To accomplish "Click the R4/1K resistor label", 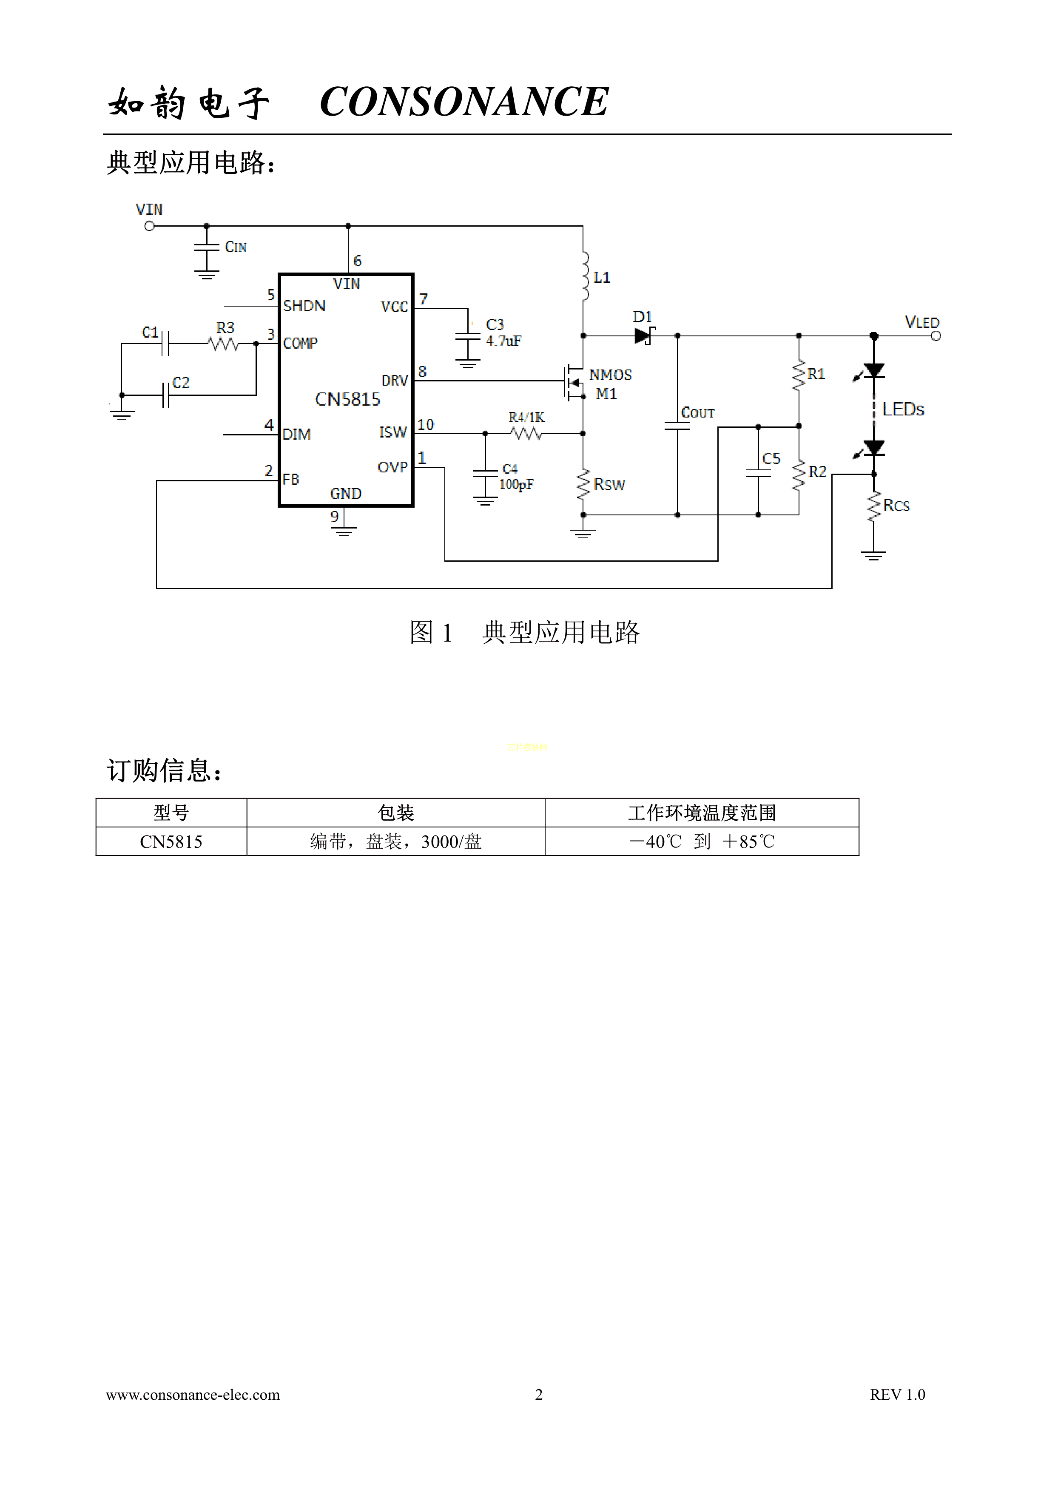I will coord(526,417).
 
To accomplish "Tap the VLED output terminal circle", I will coord(936,336).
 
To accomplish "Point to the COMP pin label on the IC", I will coord(300,343).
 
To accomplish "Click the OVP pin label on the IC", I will coord(392,467).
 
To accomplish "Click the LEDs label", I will coord(902,409).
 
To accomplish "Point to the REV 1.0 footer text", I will coord(897,1395).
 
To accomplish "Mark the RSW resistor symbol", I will coord(583,485).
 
